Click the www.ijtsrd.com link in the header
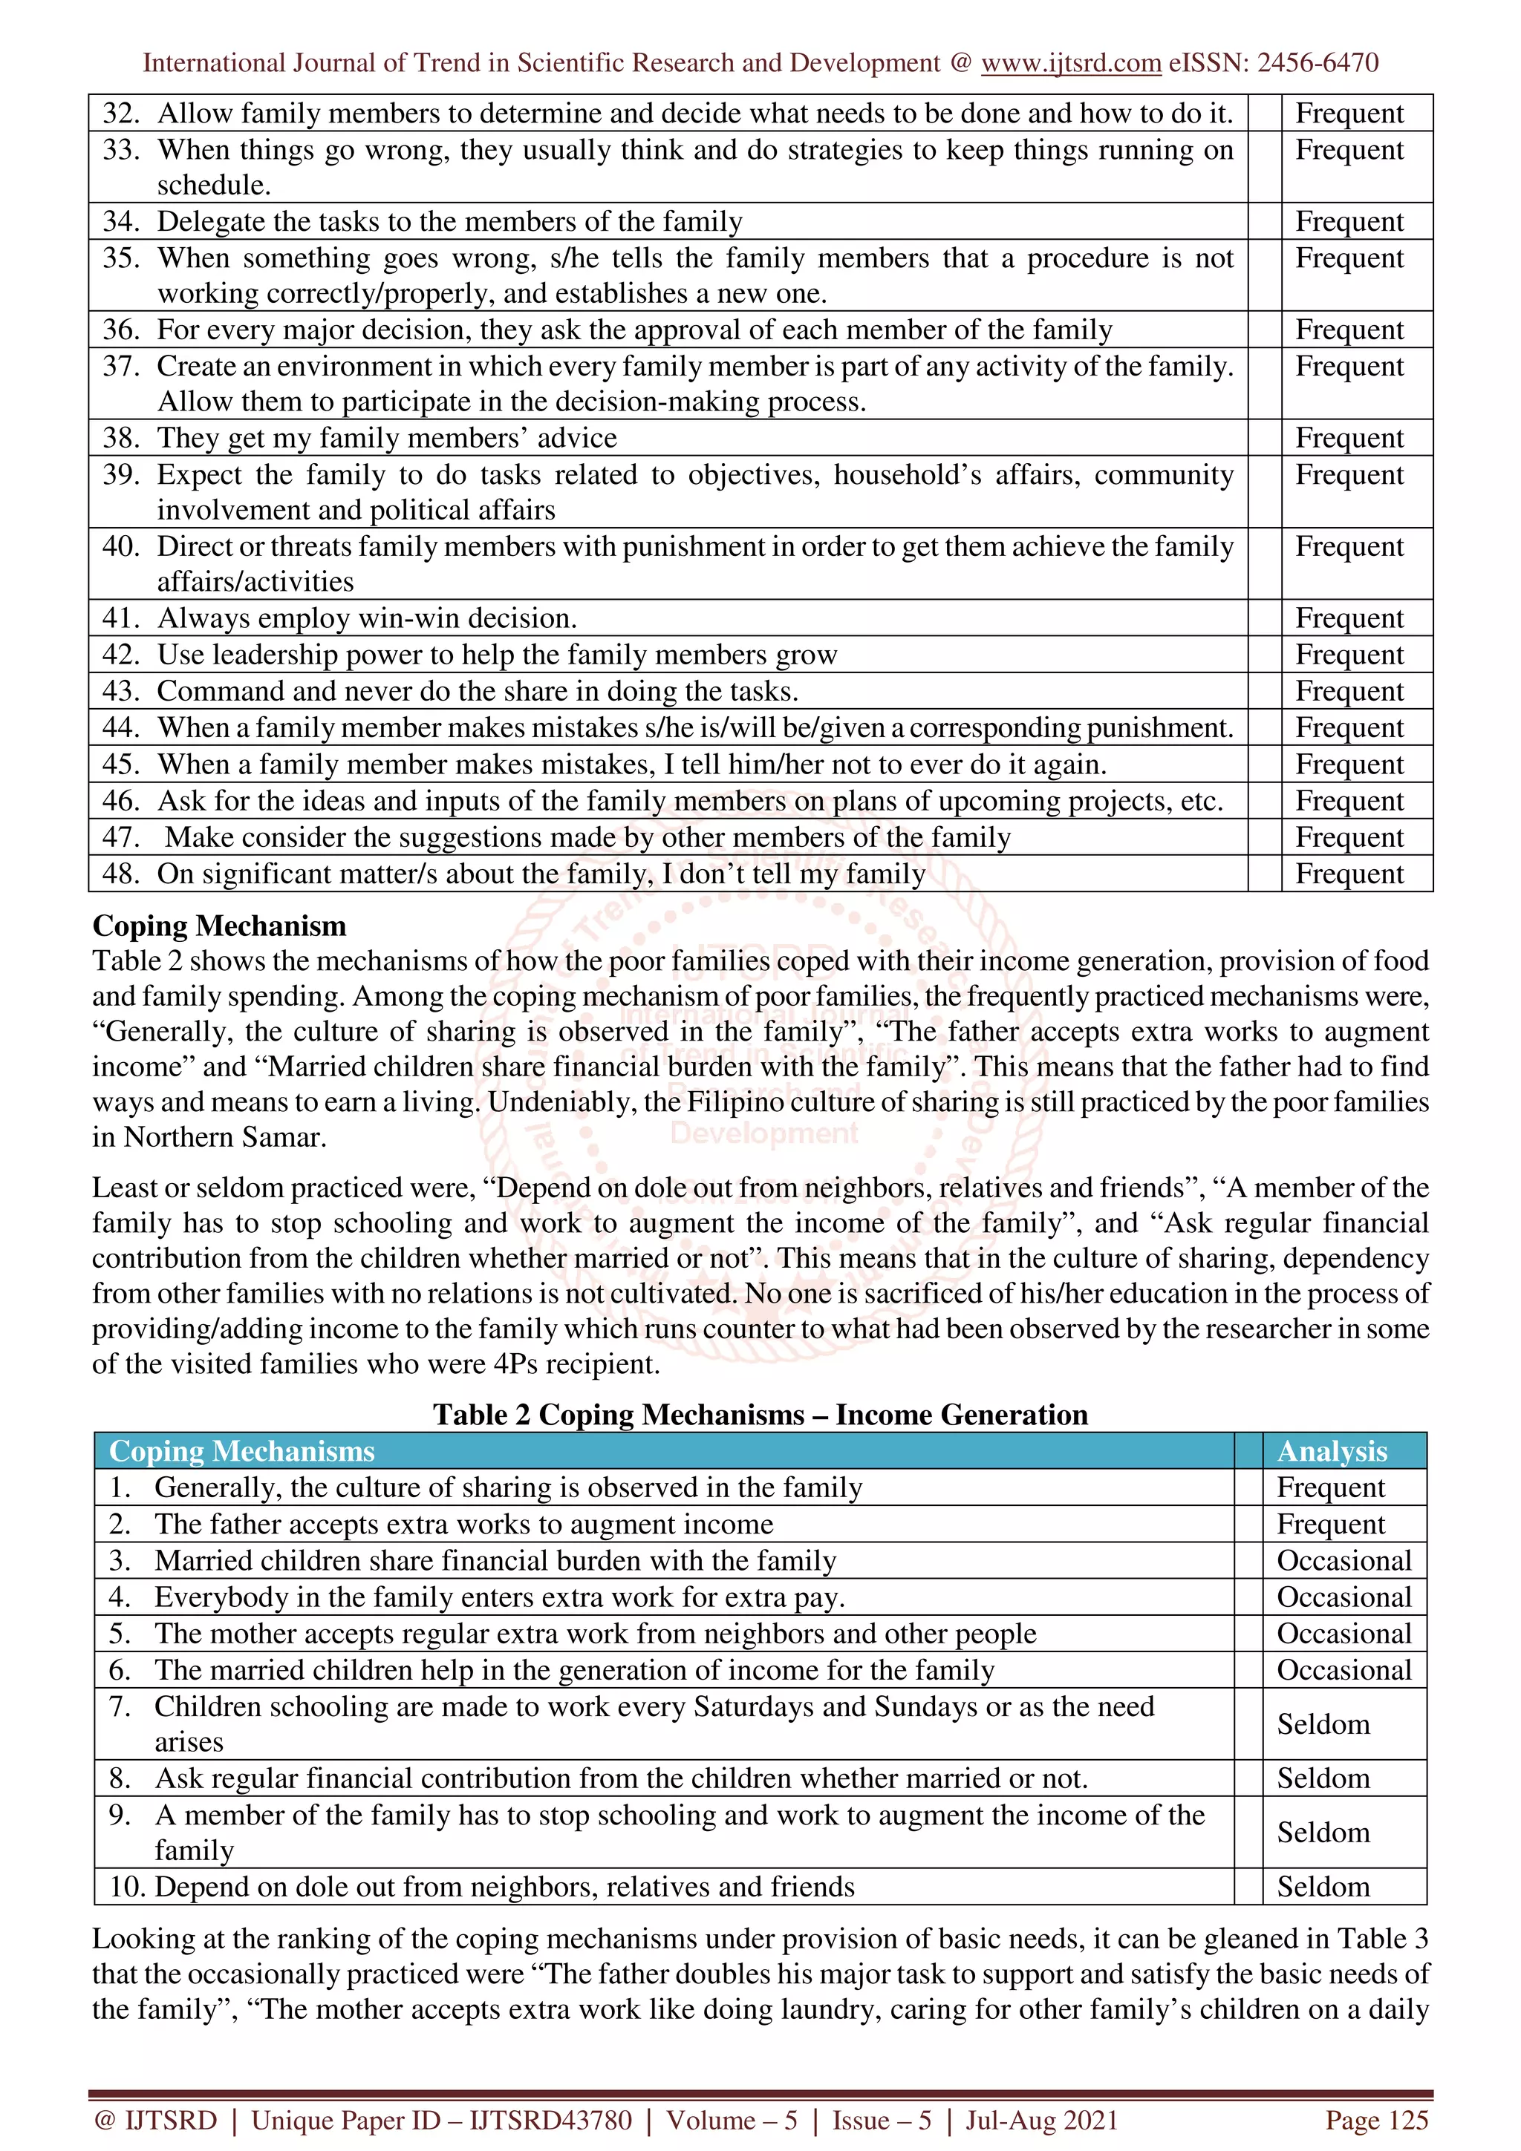(x=1071, y=63)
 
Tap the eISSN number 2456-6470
(x=1317, y=63)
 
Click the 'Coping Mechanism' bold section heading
(x=219, y=926)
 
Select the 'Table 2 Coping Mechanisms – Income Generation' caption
(x=760, y=1414)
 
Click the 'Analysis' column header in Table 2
(x=1332, y=1451)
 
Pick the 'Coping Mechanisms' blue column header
(x=242, y=1451)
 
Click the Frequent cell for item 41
(x=1349, y=618)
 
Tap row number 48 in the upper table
(x=121, y=874)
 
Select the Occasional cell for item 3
(x=1343, y=1561)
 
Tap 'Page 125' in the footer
(x=1375, y=2120)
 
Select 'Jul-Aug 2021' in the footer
(x=1041, y=2120)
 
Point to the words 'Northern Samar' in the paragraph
(x=224, y=1137)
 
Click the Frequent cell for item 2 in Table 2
(x=1330, y=1525)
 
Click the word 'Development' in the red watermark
(x=763, y=1133)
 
